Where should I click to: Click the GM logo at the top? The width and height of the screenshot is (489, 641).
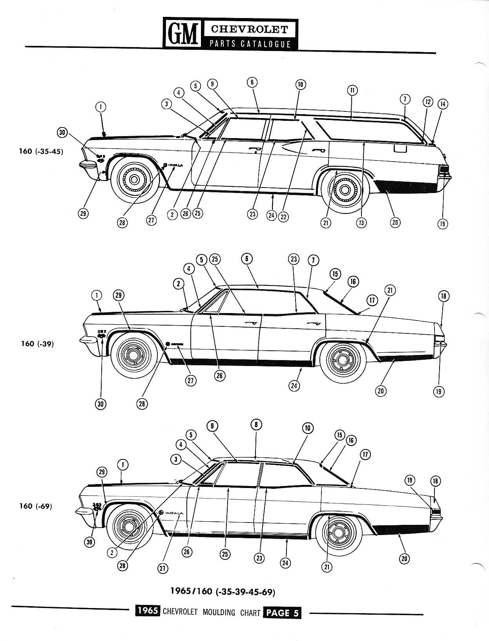182,33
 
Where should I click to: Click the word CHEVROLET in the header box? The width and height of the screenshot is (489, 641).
250,29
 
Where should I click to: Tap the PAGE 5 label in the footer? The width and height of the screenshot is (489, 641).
282,613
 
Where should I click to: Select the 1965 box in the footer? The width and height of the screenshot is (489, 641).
148,611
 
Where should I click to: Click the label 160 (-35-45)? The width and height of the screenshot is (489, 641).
41,151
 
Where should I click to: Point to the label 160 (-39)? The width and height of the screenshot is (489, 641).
37,344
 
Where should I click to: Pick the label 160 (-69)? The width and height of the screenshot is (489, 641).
36,506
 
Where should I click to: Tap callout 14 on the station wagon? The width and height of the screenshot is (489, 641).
443,104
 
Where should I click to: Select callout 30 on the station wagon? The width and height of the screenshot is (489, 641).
62,132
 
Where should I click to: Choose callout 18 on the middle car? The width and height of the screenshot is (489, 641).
443,296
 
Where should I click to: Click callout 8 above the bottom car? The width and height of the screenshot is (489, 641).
256,424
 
